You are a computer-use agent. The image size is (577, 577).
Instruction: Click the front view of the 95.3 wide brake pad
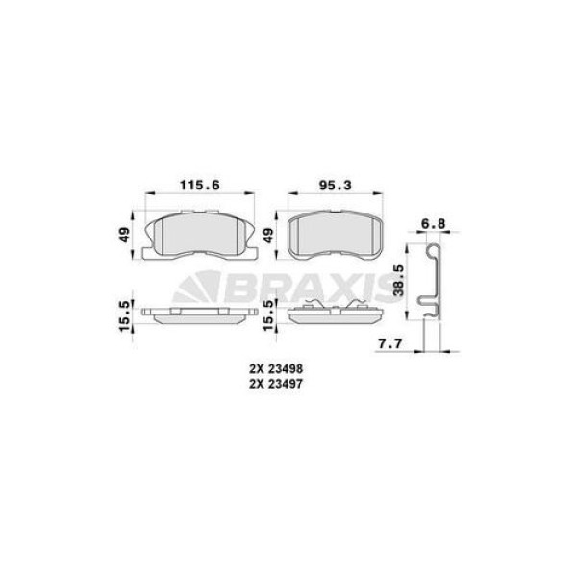pyautogui.click(x=338, y=235)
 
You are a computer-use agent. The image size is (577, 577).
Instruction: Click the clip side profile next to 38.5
pyautogui.click(x=432, y=279)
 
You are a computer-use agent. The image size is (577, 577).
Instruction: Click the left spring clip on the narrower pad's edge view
pyautogui.click(x=314, y=306)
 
